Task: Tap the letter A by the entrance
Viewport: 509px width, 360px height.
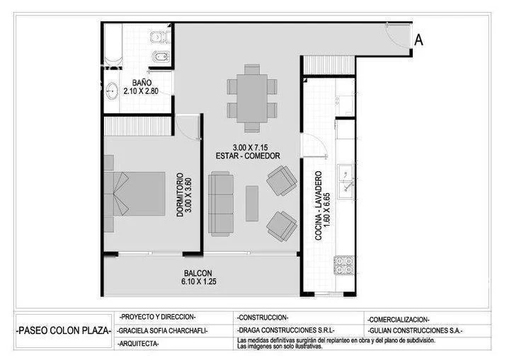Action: click(x=418, y=40)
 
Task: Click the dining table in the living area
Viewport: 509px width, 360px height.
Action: click(x=251, y=98)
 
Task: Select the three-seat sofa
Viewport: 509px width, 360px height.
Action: click(x=221, y=204)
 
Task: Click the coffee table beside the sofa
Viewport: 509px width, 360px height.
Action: click(x=252, y=203)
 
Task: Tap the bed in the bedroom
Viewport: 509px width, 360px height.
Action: click(x=135, y=193)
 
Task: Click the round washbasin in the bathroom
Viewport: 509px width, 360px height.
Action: click(x=112, y=91)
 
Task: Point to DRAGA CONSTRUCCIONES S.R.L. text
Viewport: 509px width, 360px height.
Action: click(x=286, y=330)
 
